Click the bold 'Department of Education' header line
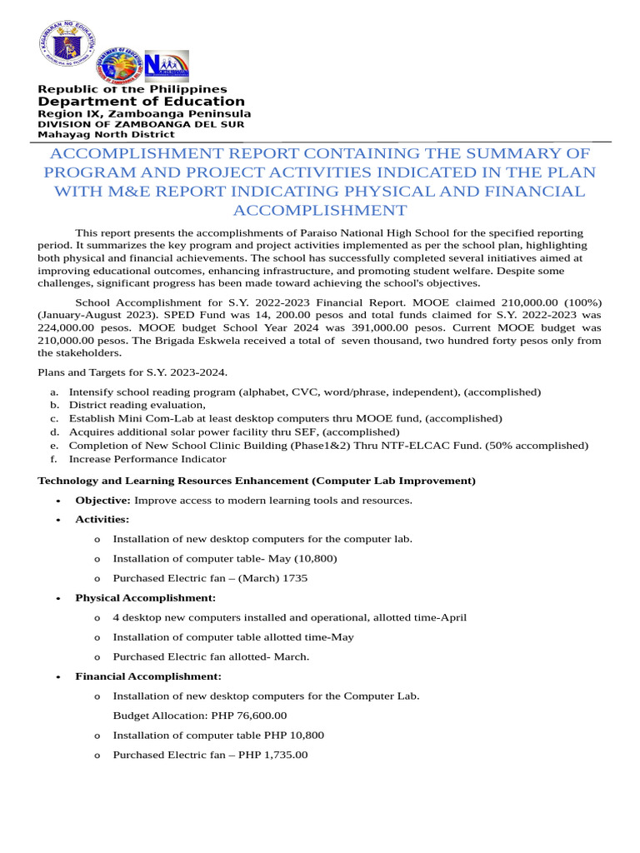(x=142, y=102)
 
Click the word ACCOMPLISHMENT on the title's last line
(x=320, y=210)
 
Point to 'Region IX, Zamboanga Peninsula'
(x=144, y=113)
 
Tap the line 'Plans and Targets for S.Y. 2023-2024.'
(x=132, y=372)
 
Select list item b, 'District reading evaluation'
(x=137, y=405)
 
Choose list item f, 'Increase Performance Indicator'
(x=147, y=458)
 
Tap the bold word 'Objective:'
(x=102, y=500)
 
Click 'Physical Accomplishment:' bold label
(x=145, y=598)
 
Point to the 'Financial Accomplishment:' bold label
(x=148, y=676)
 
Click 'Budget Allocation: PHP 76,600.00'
(x=200, y=716)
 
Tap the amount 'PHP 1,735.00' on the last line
(x=272, y=755)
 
